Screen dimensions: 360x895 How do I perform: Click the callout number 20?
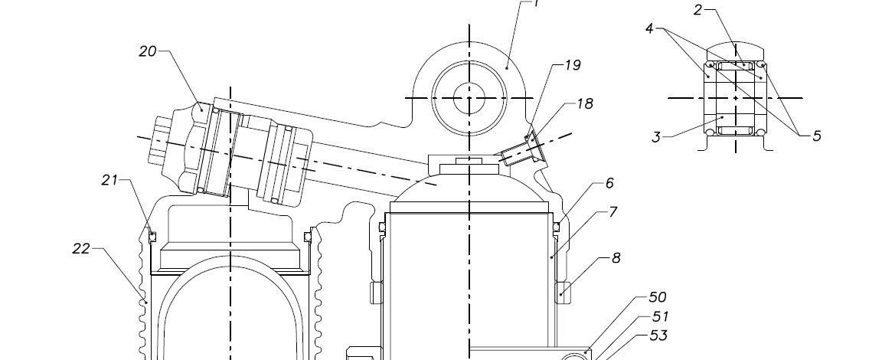[148, 51]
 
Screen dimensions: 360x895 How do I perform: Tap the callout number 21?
[110, 181]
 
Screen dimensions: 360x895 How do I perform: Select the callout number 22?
[82, 249]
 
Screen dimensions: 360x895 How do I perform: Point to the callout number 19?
[573, 66]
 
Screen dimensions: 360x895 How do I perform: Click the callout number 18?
[584, 104]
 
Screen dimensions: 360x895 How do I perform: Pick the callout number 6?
[609, 184]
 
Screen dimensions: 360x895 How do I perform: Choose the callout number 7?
[613, 212]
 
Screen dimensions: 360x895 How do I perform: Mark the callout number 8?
[616, 259]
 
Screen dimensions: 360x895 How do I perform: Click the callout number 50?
[657, 297]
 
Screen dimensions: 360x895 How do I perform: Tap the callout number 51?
[660, 316]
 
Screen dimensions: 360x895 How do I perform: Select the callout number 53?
[658, 335]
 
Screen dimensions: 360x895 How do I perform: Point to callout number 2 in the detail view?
[698, 10]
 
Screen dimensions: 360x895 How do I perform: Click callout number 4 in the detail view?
[649, 28]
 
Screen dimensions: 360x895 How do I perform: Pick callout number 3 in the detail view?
[656, 138]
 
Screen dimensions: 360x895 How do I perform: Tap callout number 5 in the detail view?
[817, 136]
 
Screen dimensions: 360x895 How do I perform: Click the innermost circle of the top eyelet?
[469, 97]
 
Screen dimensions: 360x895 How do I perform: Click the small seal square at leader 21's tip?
[152, 236]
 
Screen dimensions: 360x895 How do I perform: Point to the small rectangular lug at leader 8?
[564, 290]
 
